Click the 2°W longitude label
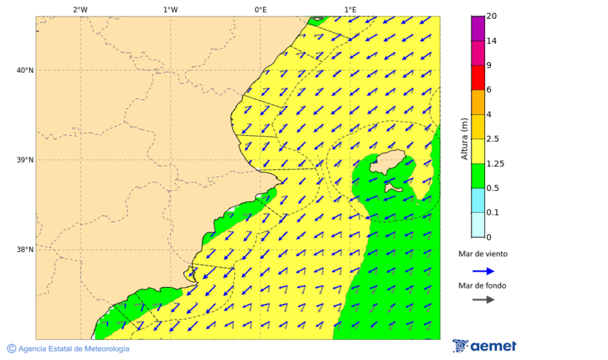coord(80,9)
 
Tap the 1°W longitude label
coord(170,9)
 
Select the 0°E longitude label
coord(260,9)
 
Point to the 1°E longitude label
coord(350,9)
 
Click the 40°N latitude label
coord(24,70)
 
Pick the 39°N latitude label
coord(24,160)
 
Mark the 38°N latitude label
coord(24,250)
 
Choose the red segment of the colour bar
coord(478,78)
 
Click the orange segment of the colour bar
coord(478,102)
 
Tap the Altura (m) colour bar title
coord(464,138)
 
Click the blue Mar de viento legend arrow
coord(483,271)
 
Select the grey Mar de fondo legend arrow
coord(483,299)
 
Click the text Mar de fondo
coord(482,286)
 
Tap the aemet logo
coord(484,346)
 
